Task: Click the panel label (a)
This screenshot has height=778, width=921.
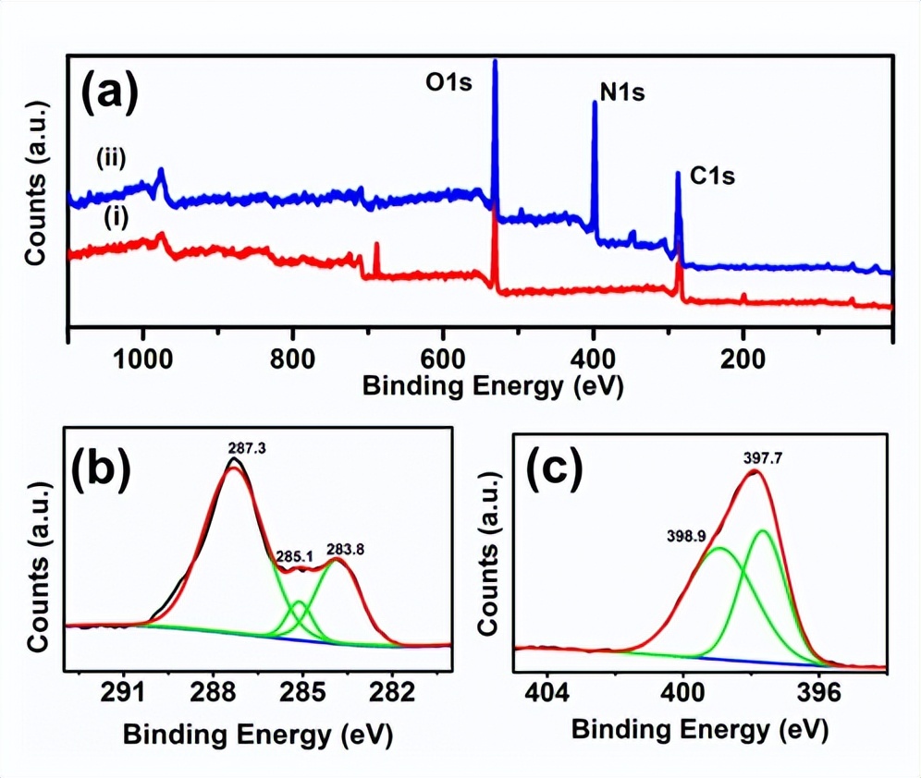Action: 110,93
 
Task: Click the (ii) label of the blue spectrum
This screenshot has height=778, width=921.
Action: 111,160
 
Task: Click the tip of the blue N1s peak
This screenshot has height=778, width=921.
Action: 594,103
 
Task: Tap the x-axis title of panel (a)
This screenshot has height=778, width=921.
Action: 492,385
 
